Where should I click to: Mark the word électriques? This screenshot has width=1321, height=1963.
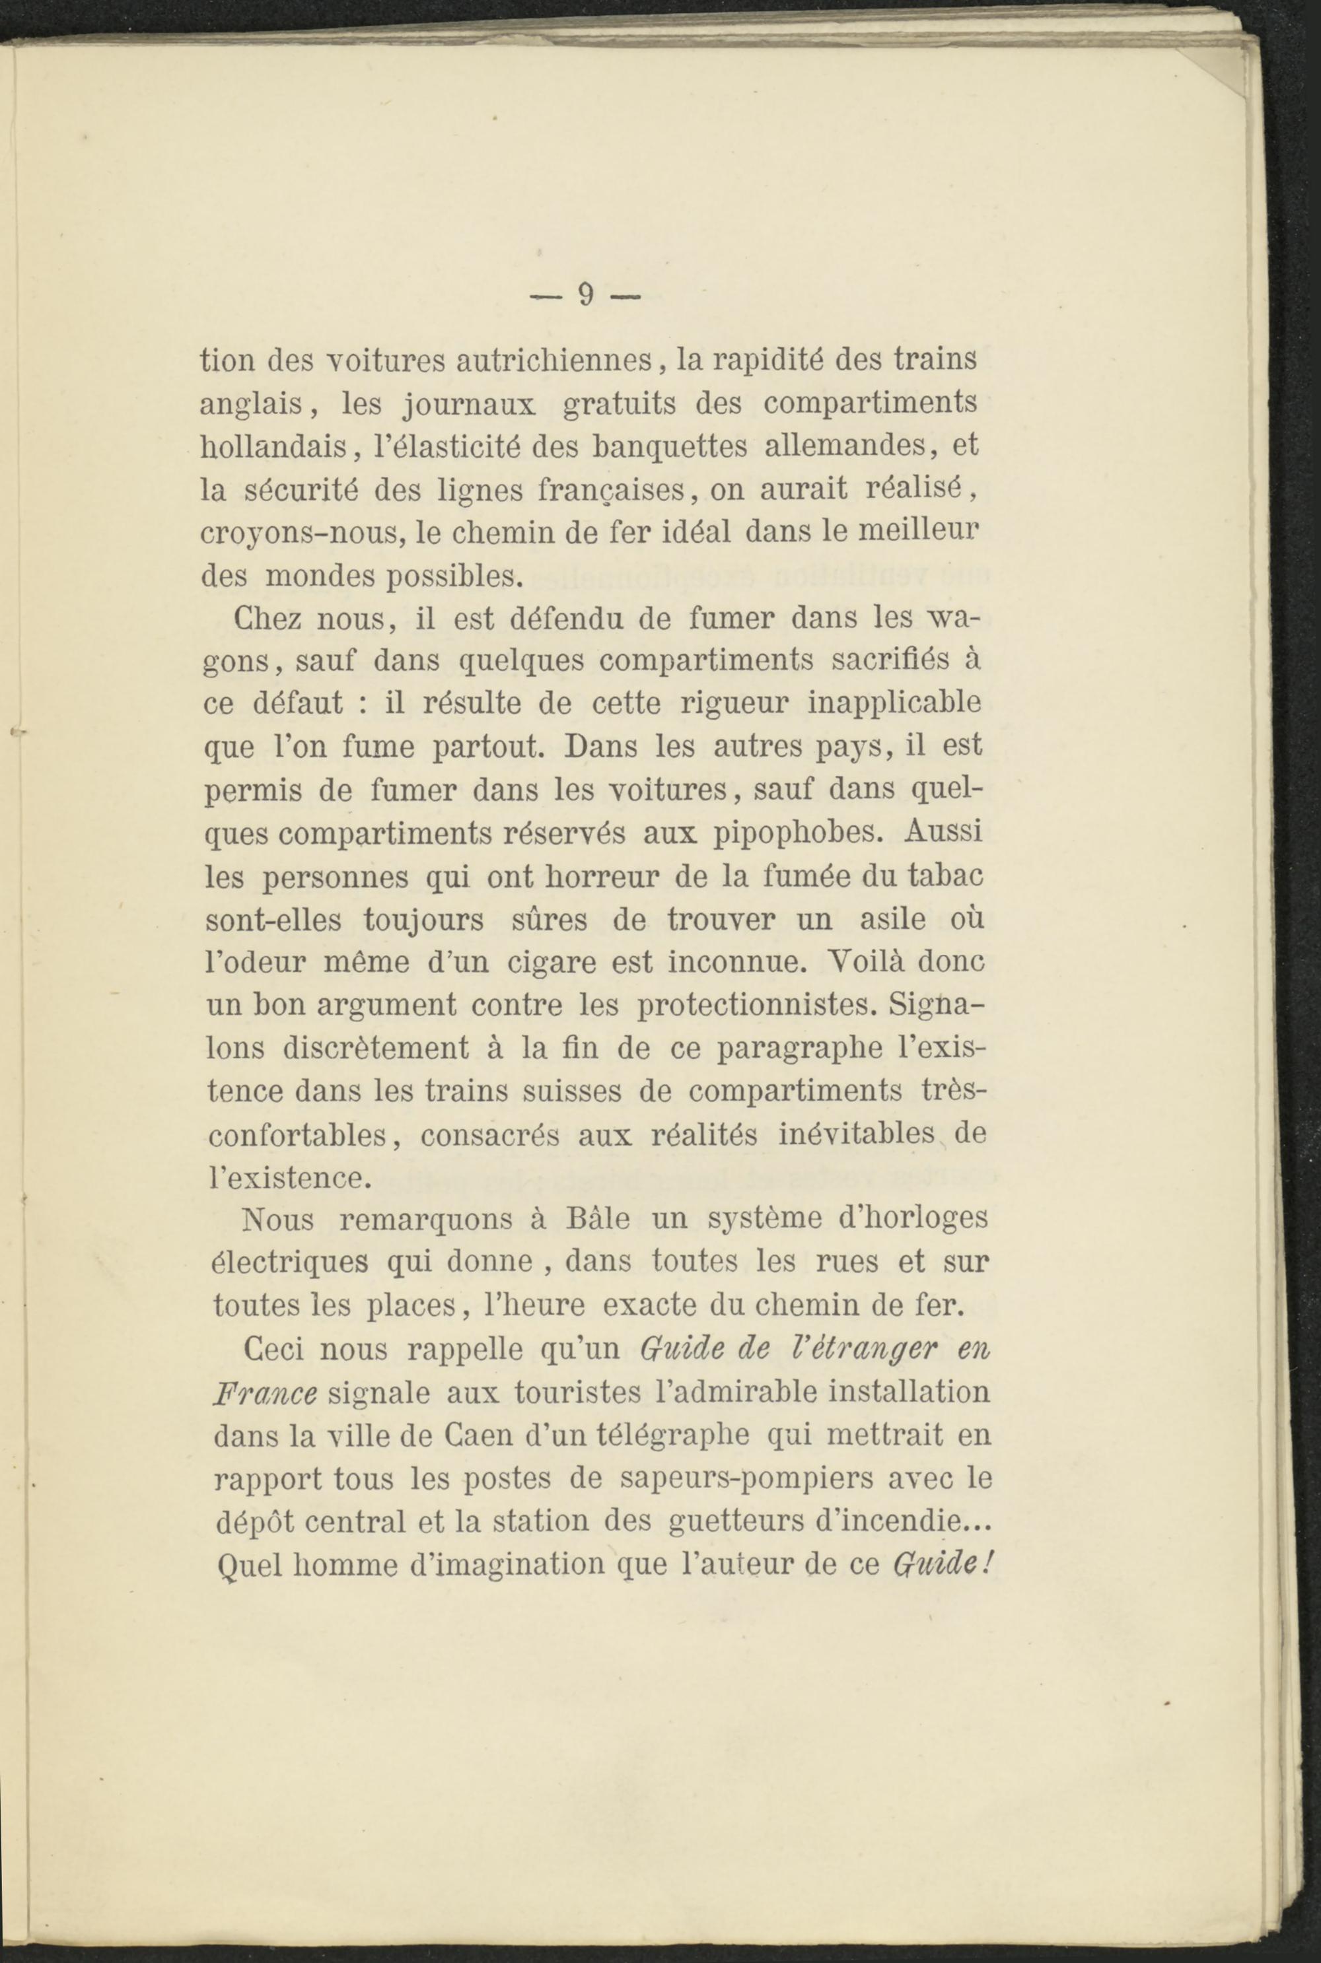tap(288, 1263)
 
